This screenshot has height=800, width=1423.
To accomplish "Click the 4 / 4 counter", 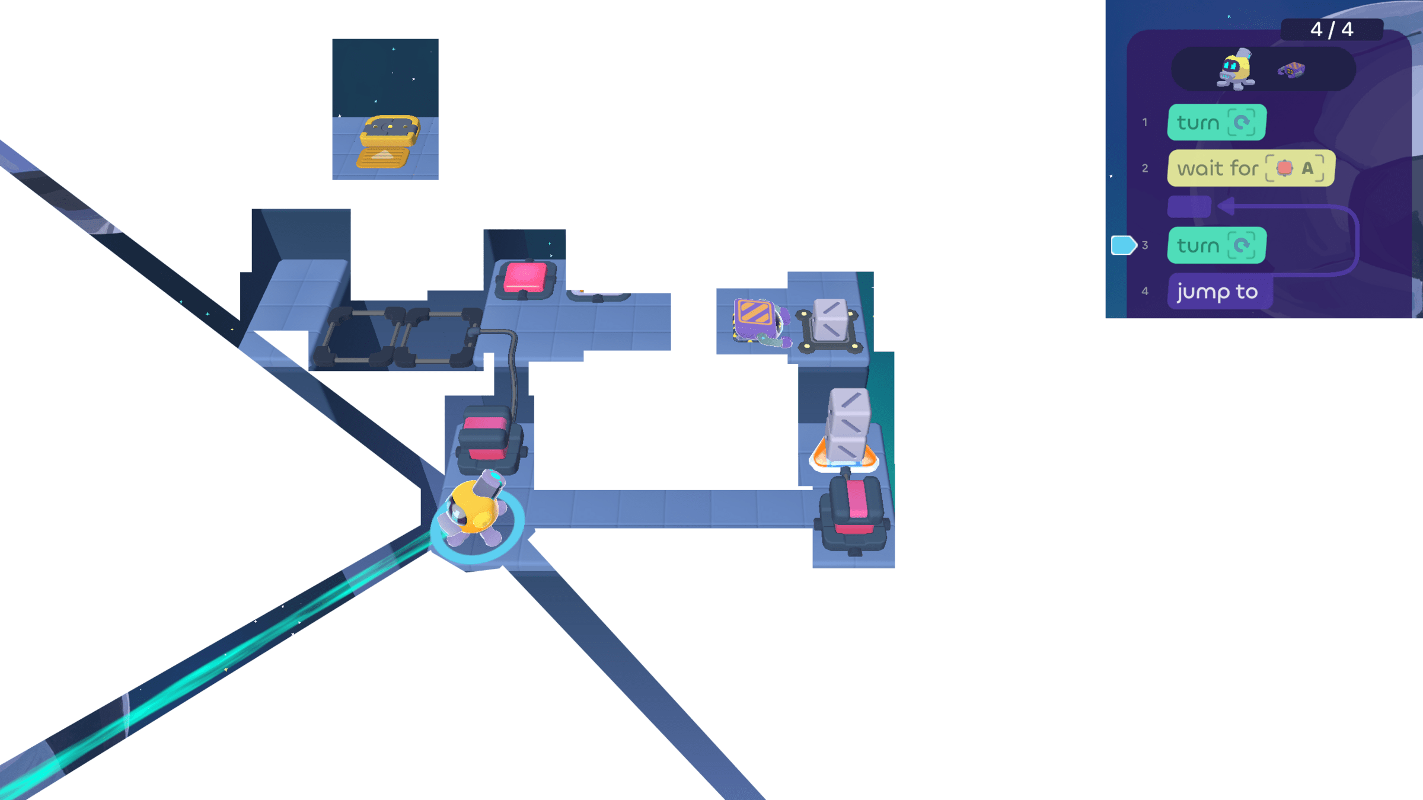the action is click(1332, 29).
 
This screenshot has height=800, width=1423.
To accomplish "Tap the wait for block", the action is click(1250, 168).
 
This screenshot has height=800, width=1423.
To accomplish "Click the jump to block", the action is click(1218, 292).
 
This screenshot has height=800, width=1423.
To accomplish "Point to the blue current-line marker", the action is click(1123, 245).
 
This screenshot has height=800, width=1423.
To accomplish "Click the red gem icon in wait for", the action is click(1284, 168).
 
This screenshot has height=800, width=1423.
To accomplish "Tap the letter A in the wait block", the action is click(1307, 168).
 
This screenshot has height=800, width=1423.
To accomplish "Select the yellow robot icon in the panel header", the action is click(1236, 69).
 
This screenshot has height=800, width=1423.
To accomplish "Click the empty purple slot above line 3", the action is click(1189, 207).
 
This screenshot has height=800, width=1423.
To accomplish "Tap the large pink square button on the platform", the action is click(525, 277).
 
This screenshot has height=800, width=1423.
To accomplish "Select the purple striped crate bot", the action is click(758, 321).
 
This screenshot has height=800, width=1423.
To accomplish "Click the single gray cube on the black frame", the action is click(830, 320).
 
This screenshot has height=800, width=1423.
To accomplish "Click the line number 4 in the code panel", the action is click(1145, 292).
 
